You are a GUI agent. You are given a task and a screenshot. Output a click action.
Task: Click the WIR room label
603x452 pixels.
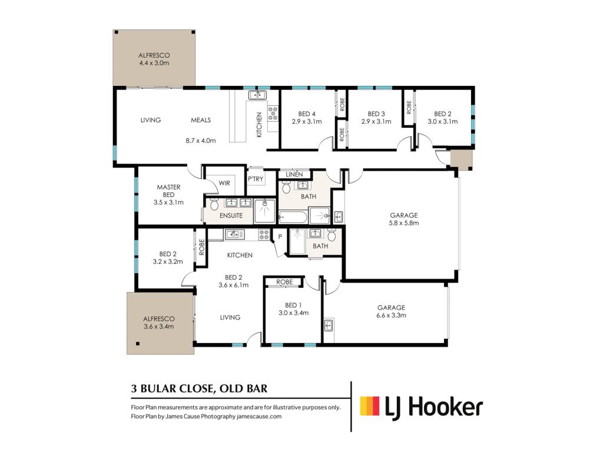coord(224,183)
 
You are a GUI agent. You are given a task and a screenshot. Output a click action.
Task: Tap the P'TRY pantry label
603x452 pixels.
coord(256,179)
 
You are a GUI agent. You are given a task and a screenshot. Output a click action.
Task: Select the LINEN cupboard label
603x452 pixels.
coord(294,174)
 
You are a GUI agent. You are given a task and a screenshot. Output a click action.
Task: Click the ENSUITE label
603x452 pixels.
coord(231,215)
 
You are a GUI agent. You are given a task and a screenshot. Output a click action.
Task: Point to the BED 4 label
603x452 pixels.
coord(306,114)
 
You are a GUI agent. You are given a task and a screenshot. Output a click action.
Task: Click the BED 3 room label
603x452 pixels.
coord(376,114)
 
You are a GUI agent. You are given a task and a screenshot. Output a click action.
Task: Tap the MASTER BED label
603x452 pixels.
coord(168,191)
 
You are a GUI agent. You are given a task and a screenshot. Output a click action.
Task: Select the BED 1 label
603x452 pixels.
coord(293,305)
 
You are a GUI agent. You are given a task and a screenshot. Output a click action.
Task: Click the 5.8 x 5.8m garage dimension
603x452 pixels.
coord(404,223)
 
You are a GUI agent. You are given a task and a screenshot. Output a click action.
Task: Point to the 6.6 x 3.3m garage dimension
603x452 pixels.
coord(391,315)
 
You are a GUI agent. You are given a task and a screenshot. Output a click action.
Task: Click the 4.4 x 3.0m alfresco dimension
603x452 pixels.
coord(154,63)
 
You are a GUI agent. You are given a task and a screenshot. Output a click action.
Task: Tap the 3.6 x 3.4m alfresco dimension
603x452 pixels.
coord(159,327)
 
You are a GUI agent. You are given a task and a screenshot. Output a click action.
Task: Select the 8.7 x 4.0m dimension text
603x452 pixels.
coord(201,141)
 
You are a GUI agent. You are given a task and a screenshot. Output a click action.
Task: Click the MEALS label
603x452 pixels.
coord(201,120)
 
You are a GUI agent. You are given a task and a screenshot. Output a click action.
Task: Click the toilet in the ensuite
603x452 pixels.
coord(214,204)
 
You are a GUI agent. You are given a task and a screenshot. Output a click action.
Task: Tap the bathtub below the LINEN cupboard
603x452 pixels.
coord(293,217)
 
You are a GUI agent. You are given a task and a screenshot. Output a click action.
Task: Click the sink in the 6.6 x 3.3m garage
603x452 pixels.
coord(329,325)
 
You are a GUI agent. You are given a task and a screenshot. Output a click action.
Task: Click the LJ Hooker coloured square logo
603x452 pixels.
coord(370,406)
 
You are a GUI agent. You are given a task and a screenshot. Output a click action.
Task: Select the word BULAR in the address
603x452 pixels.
coord(158,388)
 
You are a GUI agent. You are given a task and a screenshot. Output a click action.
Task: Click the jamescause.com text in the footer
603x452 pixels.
coord(259,416)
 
